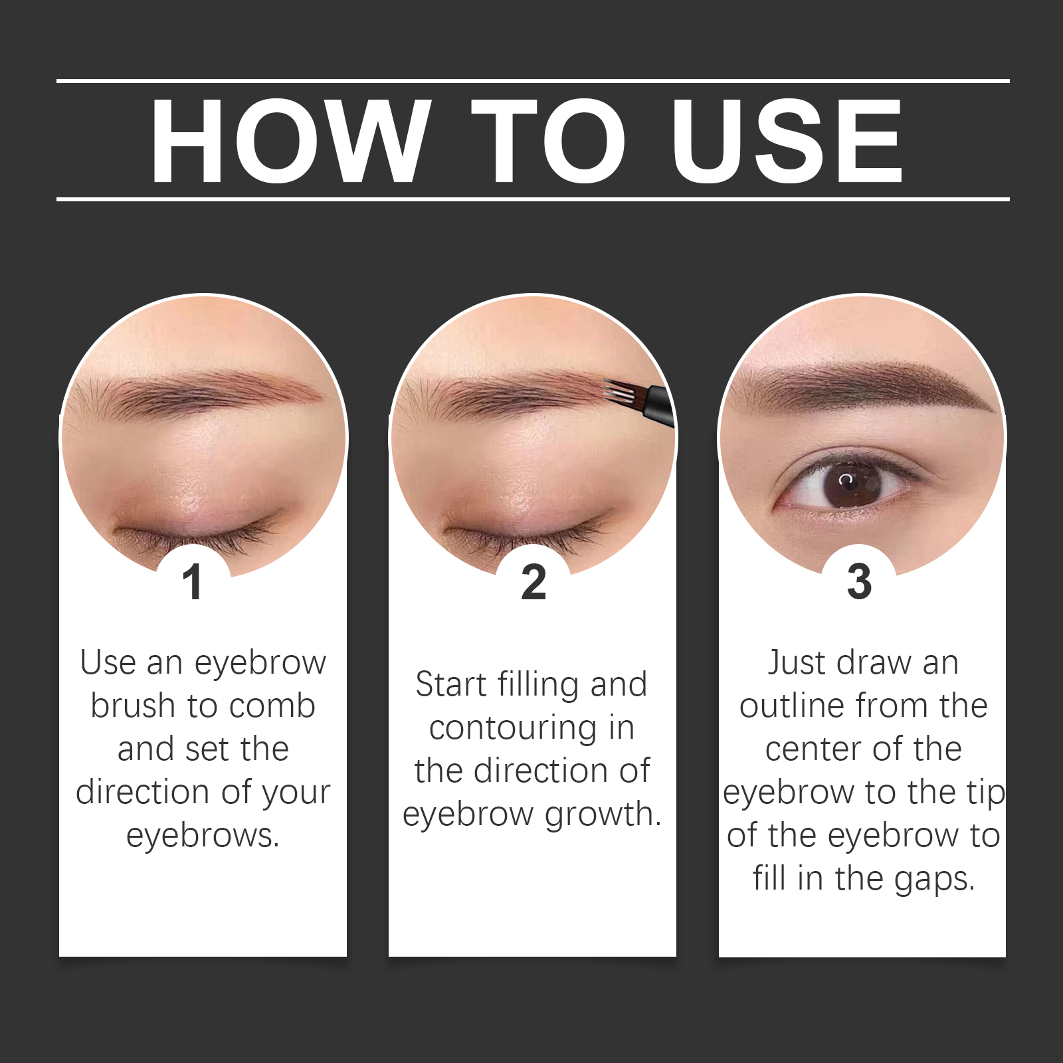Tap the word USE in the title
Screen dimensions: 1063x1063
787,141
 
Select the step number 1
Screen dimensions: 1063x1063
193,582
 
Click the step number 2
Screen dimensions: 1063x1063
533,582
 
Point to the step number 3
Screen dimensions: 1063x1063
859,582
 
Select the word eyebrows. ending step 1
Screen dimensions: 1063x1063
203,836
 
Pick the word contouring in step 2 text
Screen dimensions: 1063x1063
513,728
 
